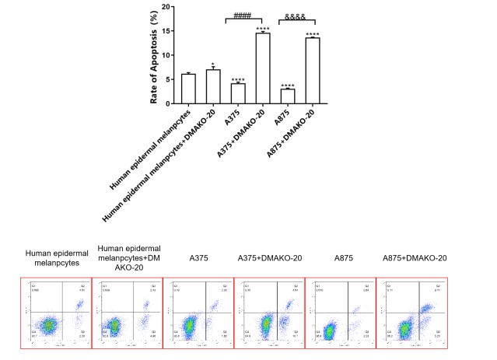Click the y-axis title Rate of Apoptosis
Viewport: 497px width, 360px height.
pos(155,54)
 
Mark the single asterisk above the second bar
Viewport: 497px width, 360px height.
pos(212,62)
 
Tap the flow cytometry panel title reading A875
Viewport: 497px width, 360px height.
pos(340,257)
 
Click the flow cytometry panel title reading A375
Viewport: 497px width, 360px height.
pos(198,257)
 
